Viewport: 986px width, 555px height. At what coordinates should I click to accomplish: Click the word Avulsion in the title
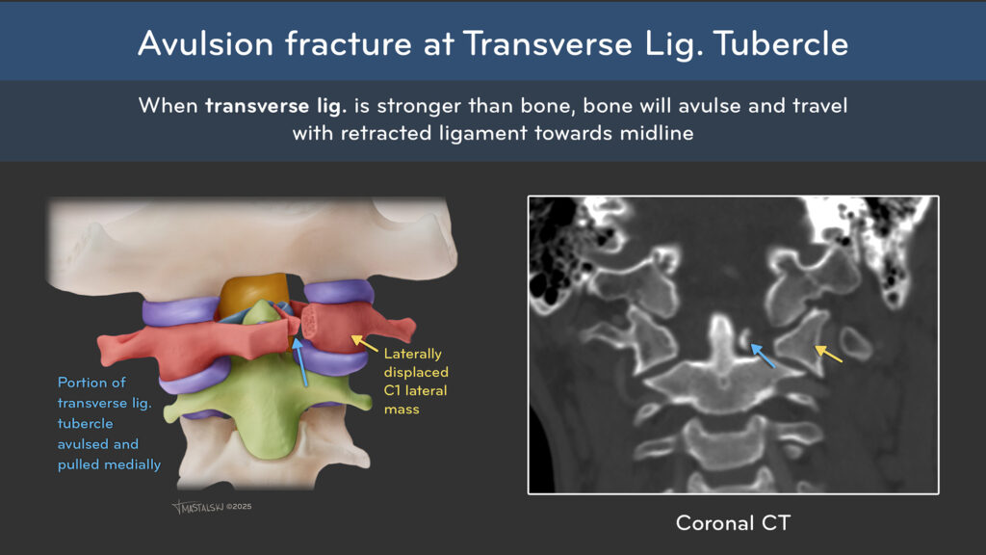tap(206, 44)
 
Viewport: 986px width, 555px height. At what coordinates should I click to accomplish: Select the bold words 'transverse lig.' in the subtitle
tap(276, 106)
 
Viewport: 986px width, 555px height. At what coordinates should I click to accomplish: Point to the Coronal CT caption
tap(733, 523)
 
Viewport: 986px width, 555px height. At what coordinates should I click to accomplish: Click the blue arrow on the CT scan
tap(763, 356)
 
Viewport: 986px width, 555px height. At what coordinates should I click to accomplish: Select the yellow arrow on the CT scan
tap(829, 354)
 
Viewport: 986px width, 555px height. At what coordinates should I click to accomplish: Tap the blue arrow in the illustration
tap(300, 362)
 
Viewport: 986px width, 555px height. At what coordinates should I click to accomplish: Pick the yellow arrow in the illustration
tap(364, 343)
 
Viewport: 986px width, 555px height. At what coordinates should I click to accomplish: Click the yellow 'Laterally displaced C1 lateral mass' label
tap(416, 382)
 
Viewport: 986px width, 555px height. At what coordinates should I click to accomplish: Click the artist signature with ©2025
tap(212, 507)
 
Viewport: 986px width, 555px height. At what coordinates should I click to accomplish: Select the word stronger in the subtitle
tap(420, 106)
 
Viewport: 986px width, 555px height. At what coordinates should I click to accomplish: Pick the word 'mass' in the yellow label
tap(402, 409)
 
